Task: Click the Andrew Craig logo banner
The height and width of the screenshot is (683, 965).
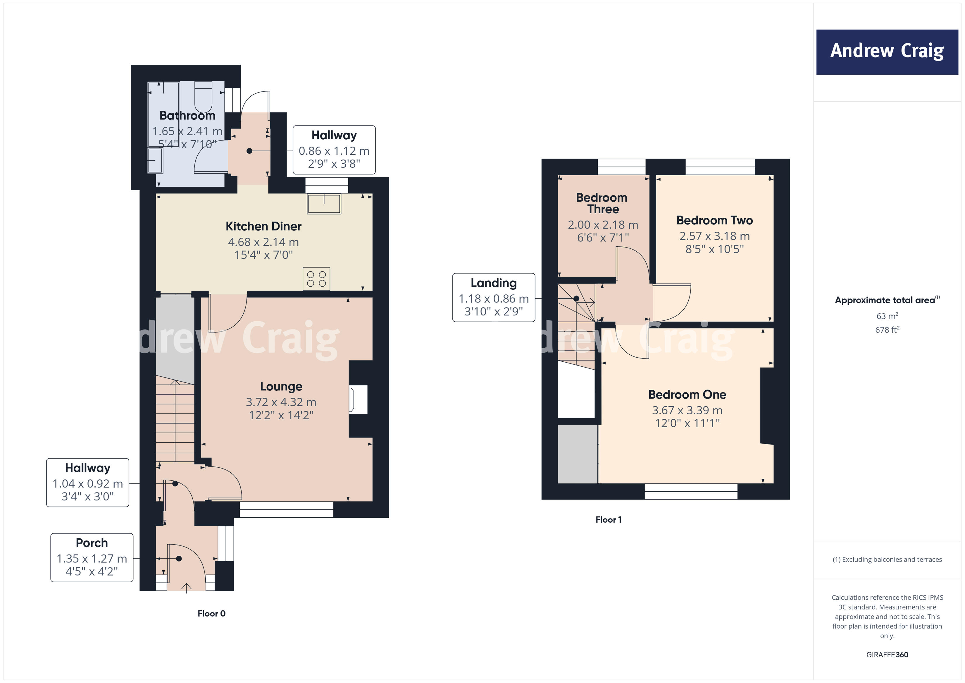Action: [x=887, y=52]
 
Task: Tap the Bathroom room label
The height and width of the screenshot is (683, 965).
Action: [x=187, y=115]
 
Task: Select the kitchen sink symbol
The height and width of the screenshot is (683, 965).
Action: [x=324, y=204]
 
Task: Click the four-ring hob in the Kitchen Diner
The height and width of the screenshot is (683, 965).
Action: [x=316, y=279]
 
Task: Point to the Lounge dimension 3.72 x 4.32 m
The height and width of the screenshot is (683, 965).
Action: [x=281, y=402]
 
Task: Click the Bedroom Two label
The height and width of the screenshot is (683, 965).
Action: [x=714, y=220]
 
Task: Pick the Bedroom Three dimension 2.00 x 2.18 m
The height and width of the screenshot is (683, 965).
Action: [x=603, y=225]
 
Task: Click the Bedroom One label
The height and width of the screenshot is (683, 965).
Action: [x=687, y=394]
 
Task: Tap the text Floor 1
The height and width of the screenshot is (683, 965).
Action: [x=608, y=519]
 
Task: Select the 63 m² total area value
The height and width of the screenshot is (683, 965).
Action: [x=887, y=316]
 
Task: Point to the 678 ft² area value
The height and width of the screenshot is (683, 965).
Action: [x=887, y=330]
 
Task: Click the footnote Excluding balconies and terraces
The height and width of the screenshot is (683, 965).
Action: [x=887, y=559]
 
